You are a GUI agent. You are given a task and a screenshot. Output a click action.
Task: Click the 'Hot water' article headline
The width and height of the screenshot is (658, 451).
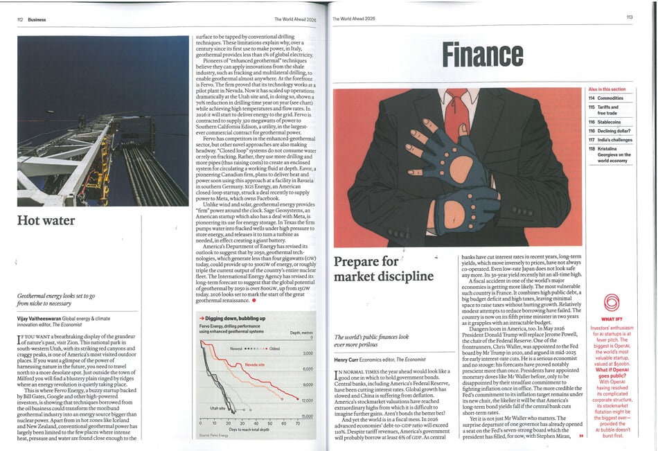pyautogui.click(x=46, y=221)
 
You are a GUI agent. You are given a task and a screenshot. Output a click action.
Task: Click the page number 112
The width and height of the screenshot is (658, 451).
pyautogui.click(x=21, y=19)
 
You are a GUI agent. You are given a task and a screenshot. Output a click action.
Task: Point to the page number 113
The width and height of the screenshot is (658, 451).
pyautogui.click(x=630, y=17)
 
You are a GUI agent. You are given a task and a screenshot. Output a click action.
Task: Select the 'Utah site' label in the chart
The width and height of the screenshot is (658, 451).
pyautogui.click(x=217, y=408)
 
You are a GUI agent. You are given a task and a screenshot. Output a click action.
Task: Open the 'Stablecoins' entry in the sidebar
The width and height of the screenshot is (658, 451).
pyautogui.click(x=604, y=121)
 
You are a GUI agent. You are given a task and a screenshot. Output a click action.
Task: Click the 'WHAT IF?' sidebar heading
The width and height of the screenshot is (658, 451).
pyautogui.click(x=611, y=319)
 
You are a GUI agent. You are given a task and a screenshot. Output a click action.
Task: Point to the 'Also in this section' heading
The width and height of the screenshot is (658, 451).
pyautogui.click(x=606, y=89)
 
